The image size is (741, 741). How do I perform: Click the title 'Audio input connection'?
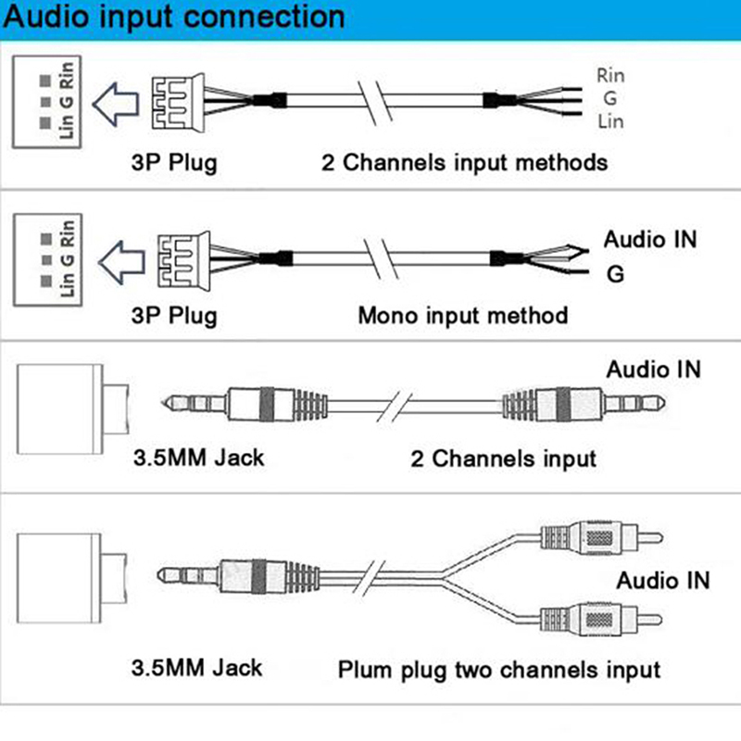(176, 18)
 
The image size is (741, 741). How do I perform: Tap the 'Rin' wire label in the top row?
(610, 74)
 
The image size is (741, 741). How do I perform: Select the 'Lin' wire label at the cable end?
(610, 121)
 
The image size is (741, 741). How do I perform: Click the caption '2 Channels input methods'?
(464, 163)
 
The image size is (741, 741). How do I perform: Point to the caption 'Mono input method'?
(462, 315)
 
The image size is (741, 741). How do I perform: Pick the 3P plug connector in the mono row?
(174, 254)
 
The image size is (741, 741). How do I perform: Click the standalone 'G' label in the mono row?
(614, 274)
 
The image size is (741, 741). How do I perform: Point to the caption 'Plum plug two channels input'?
(498, 669)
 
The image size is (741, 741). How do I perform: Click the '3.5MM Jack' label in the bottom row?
(196, 667)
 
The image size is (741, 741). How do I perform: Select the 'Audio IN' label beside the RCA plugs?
(663, 581)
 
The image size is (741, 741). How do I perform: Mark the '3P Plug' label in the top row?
(173, 164)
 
